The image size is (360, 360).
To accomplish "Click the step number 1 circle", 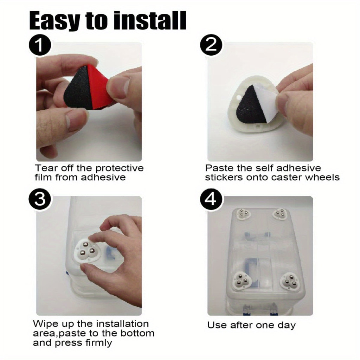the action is [40, 45].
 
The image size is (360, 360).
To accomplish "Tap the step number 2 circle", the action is [211, 45].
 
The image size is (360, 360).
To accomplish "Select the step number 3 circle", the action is [40, 199].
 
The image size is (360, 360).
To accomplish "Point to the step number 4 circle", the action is [211, 199].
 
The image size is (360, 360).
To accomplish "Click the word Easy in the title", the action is [55, 21].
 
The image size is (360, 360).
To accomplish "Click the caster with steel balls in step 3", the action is [88, 251].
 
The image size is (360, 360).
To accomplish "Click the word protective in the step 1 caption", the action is [120, 168].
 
